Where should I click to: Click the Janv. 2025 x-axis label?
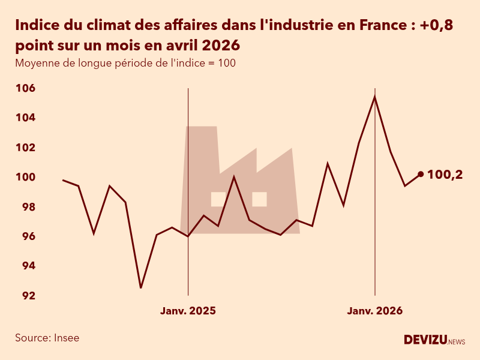pos(188,311)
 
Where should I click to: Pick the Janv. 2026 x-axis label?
pos(375,311)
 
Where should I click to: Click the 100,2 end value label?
pos(445,175)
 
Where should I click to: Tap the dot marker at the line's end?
pos(421,174)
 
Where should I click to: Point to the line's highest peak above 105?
pos(375,97)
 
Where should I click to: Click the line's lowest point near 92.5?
pos(141,288)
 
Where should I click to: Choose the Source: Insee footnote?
pos(47,338)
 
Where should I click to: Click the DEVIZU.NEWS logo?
pos(434,340)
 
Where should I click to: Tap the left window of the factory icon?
pos(218,199)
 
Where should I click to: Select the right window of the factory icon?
pos(259,199)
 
